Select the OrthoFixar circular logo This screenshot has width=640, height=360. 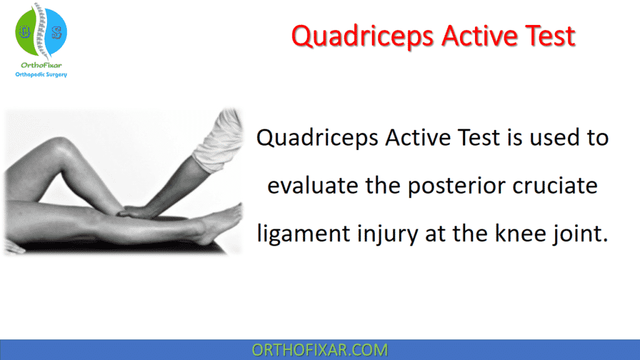41,31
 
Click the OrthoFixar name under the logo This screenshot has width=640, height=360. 41,65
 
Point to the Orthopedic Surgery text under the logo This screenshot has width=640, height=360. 41,74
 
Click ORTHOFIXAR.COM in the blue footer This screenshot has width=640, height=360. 319,349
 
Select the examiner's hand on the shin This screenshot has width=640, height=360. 141,212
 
